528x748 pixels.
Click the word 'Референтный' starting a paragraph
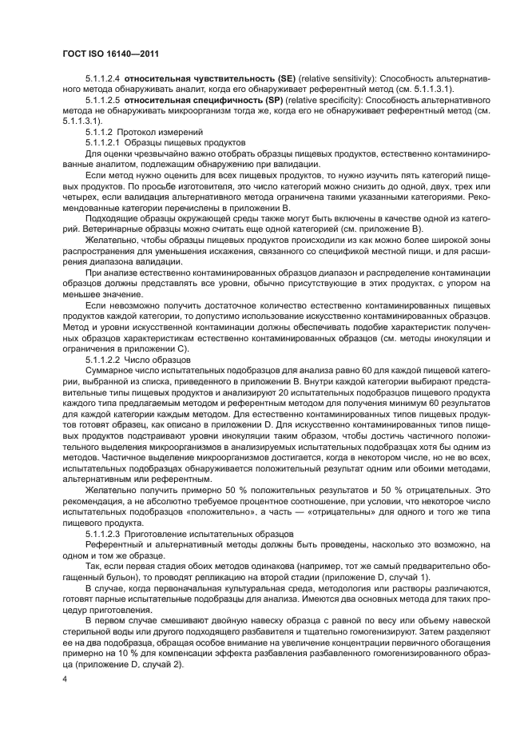[113, 543]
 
